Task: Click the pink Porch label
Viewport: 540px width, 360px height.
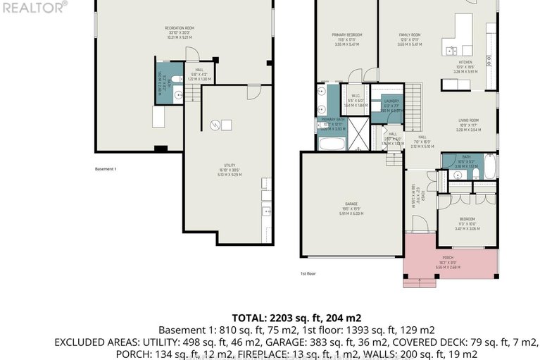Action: click(x=448, y=258)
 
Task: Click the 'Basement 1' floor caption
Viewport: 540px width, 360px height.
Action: click(x=106, y=169)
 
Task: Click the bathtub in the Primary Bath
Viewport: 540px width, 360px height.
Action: click(x=329, y=144)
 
